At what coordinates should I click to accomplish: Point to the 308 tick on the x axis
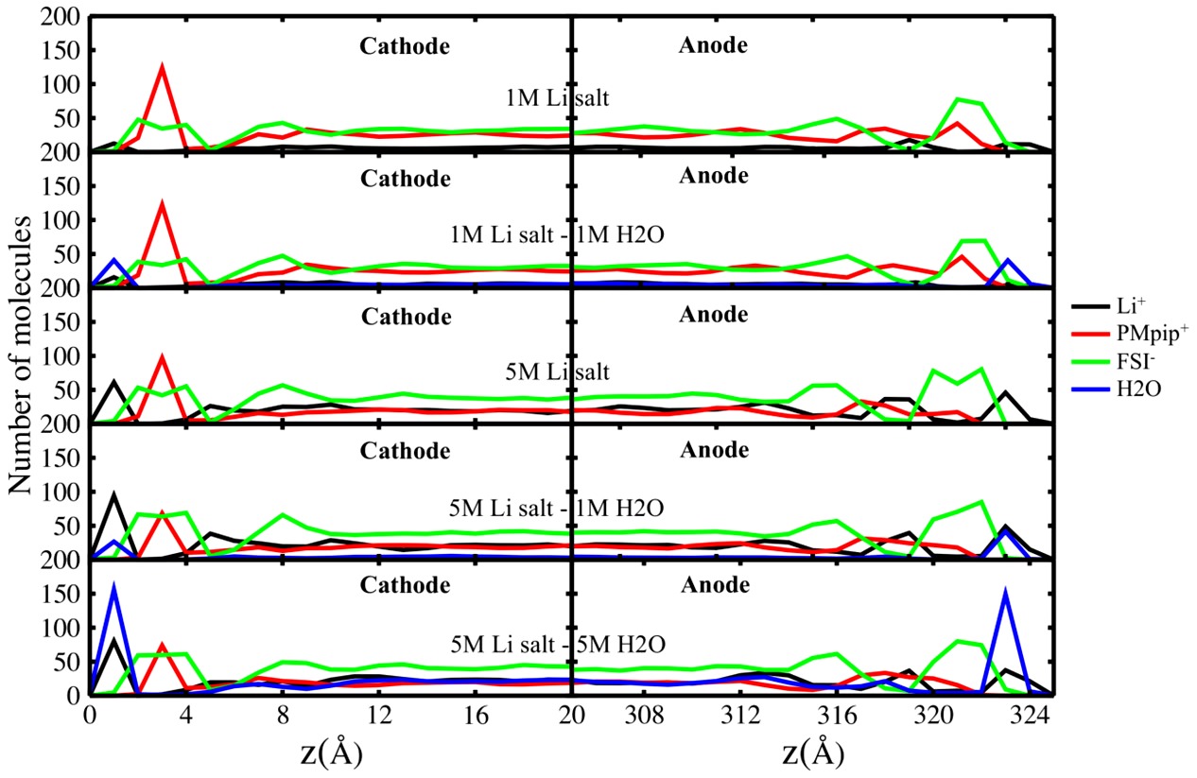pyautogui.click(x=646, y=717)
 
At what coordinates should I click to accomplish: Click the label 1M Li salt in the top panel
pyautogui.click(x=547, y=96)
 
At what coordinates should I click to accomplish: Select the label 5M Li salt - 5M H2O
pyautogui.click(x=558, y=645)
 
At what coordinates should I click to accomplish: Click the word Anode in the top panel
pyautogui.click(x=714, y=44)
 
